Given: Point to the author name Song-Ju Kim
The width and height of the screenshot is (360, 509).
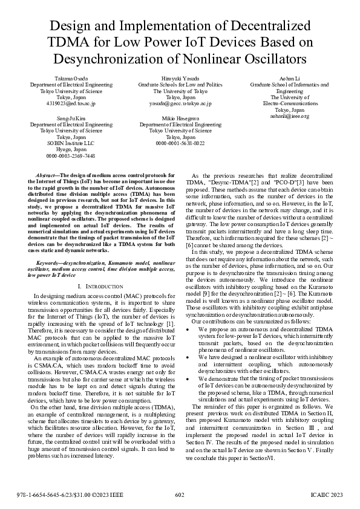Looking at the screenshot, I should tap(71, 118).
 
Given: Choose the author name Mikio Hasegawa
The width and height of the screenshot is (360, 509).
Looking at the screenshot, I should tap(180, 118).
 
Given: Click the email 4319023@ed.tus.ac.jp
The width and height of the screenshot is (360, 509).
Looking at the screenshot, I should tap(71, 103).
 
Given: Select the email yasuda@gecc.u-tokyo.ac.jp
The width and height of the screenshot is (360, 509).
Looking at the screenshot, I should tap(180, 103).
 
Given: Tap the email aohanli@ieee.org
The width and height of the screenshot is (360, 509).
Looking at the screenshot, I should tap(289, 116).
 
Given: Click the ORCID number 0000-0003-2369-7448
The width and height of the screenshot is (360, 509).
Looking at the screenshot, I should tap(71, 155).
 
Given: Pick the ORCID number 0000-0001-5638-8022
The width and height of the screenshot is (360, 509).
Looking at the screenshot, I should tap(180, 143).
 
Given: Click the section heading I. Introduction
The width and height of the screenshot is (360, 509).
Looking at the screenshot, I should tap(93, 285).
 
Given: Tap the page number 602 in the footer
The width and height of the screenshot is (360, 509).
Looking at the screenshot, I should tap(180, 495).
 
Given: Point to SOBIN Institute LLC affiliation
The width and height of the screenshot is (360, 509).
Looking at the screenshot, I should tap(71, 143).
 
